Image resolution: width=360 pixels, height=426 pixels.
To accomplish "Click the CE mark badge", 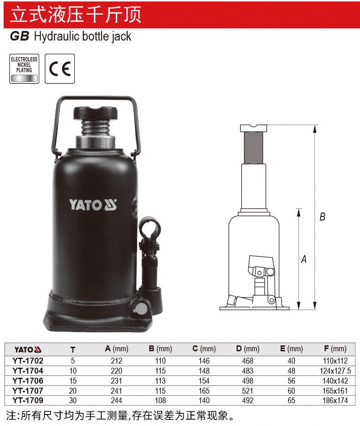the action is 60,69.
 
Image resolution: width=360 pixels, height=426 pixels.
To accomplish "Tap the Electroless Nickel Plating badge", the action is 24,69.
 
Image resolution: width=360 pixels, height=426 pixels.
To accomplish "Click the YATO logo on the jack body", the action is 93,205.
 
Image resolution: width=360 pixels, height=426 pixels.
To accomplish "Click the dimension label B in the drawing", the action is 322,217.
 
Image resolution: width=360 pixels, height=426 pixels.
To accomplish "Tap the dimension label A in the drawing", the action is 304,259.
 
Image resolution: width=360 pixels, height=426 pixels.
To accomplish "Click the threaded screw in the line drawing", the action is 253,148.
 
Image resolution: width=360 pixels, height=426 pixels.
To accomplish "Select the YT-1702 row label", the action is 28,361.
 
